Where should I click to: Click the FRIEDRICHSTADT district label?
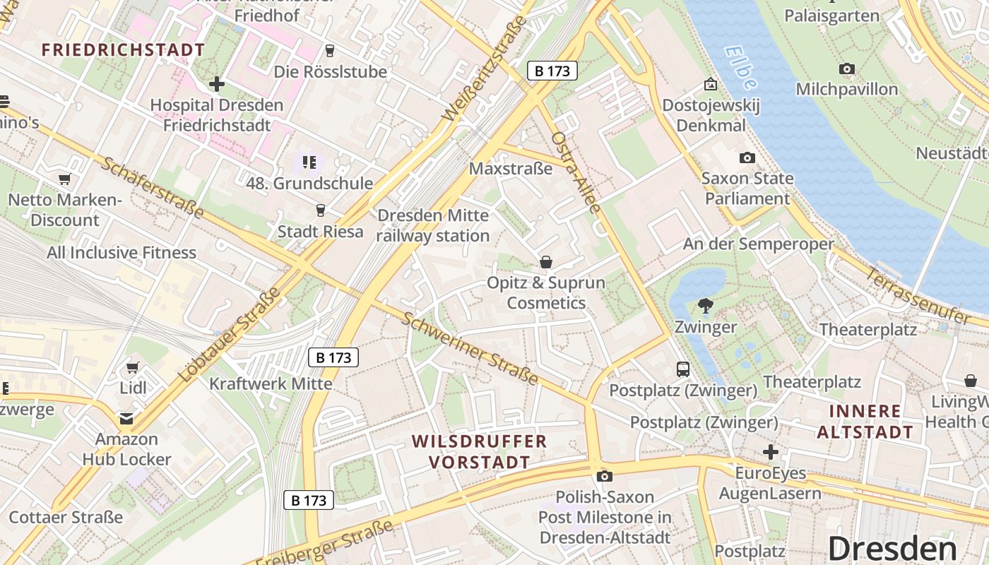tap(123, 50)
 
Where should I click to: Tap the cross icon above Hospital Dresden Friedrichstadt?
tap(217, 85)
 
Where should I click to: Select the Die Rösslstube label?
tap(331, 72)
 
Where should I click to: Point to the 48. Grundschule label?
tap(309, 184)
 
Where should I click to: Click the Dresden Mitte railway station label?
tap(433, 225)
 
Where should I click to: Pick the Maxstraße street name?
tap(511, 169)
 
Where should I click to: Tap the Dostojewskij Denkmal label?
tap(711, 116)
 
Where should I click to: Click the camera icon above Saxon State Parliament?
tap(747, 158)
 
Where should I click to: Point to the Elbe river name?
tap(740, 68)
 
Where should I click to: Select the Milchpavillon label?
tap(847, 90)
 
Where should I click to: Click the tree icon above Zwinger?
tap(705, 306)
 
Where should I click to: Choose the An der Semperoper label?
tap(758, 244)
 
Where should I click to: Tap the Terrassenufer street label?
tap(919, 297)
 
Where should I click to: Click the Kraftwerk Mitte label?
tap(271, 384)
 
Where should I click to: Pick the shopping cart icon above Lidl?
tap(132, 367)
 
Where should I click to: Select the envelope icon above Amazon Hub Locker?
tap(126, 419)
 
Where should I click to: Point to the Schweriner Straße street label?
tap(470, 347)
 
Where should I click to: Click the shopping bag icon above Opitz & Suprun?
tap(546, 263)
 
